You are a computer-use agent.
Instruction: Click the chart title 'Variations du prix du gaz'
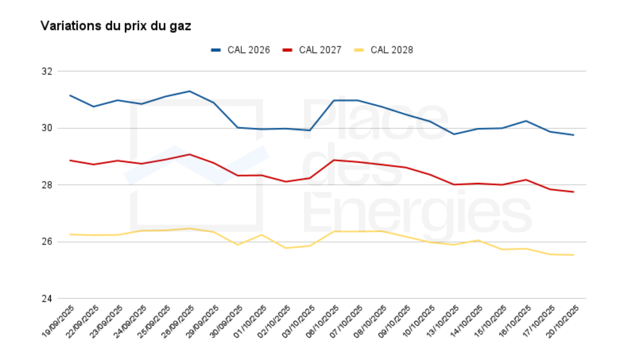tap(116, 26)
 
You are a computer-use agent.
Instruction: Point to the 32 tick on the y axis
tap(47, 71)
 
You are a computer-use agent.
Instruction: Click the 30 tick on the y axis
tap(47, 128)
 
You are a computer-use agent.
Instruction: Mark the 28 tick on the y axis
tap(47, 185)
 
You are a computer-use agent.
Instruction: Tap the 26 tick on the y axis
tap(47, 242)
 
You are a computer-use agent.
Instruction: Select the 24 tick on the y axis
tap(47, 299)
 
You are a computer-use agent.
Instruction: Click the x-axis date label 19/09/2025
tap(58, 321)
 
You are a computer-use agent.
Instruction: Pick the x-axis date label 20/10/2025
tap(562, 321)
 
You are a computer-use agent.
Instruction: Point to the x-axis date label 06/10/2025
tap(322, 321)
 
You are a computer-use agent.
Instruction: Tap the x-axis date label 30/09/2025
tap(226, 321)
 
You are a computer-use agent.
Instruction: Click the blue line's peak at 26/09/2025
tap(190, 91)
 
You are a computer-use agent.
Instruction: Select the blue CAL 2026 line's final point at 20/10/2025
tap(574, 135)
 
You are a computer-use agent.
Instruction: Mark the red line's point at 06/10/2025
tap(334, 160)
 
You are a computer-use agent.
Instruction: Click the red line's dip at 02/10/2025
tap(286, 182)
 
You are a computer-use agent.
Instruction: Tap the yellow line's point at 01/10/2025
tap(262, 235)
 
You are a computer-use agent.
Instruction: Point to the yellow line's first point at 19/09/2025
tap(70, 234)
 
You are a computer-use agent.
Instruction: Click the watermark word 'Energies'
tap(417, 213)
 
